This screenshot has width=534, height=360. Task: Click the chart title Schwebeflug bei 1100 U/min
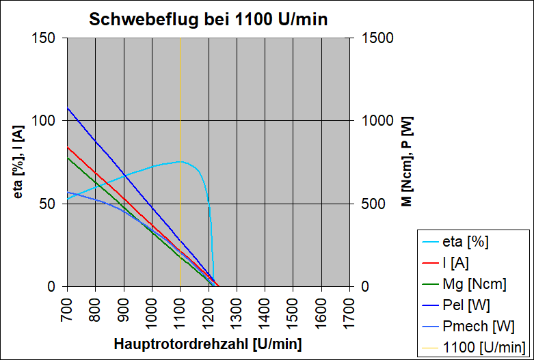pyautogui.click(x=209, y=20)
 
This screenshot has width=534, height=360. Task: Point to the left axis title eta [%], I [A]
pyautogui.click(x=19, y=162)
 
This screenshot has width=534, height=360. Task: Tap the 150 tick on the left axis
pyautogui.click(x=44, y=38)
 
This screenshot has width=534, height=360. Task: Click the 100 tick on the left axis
pyautogui.click(x=44, y=121)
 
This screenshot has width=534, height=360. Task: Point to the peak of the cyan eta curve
pyautogui.click(x=180, y=161)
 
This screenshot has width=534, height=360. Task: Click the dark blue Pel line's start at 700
pyautogui.click(x=67, y=108)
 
